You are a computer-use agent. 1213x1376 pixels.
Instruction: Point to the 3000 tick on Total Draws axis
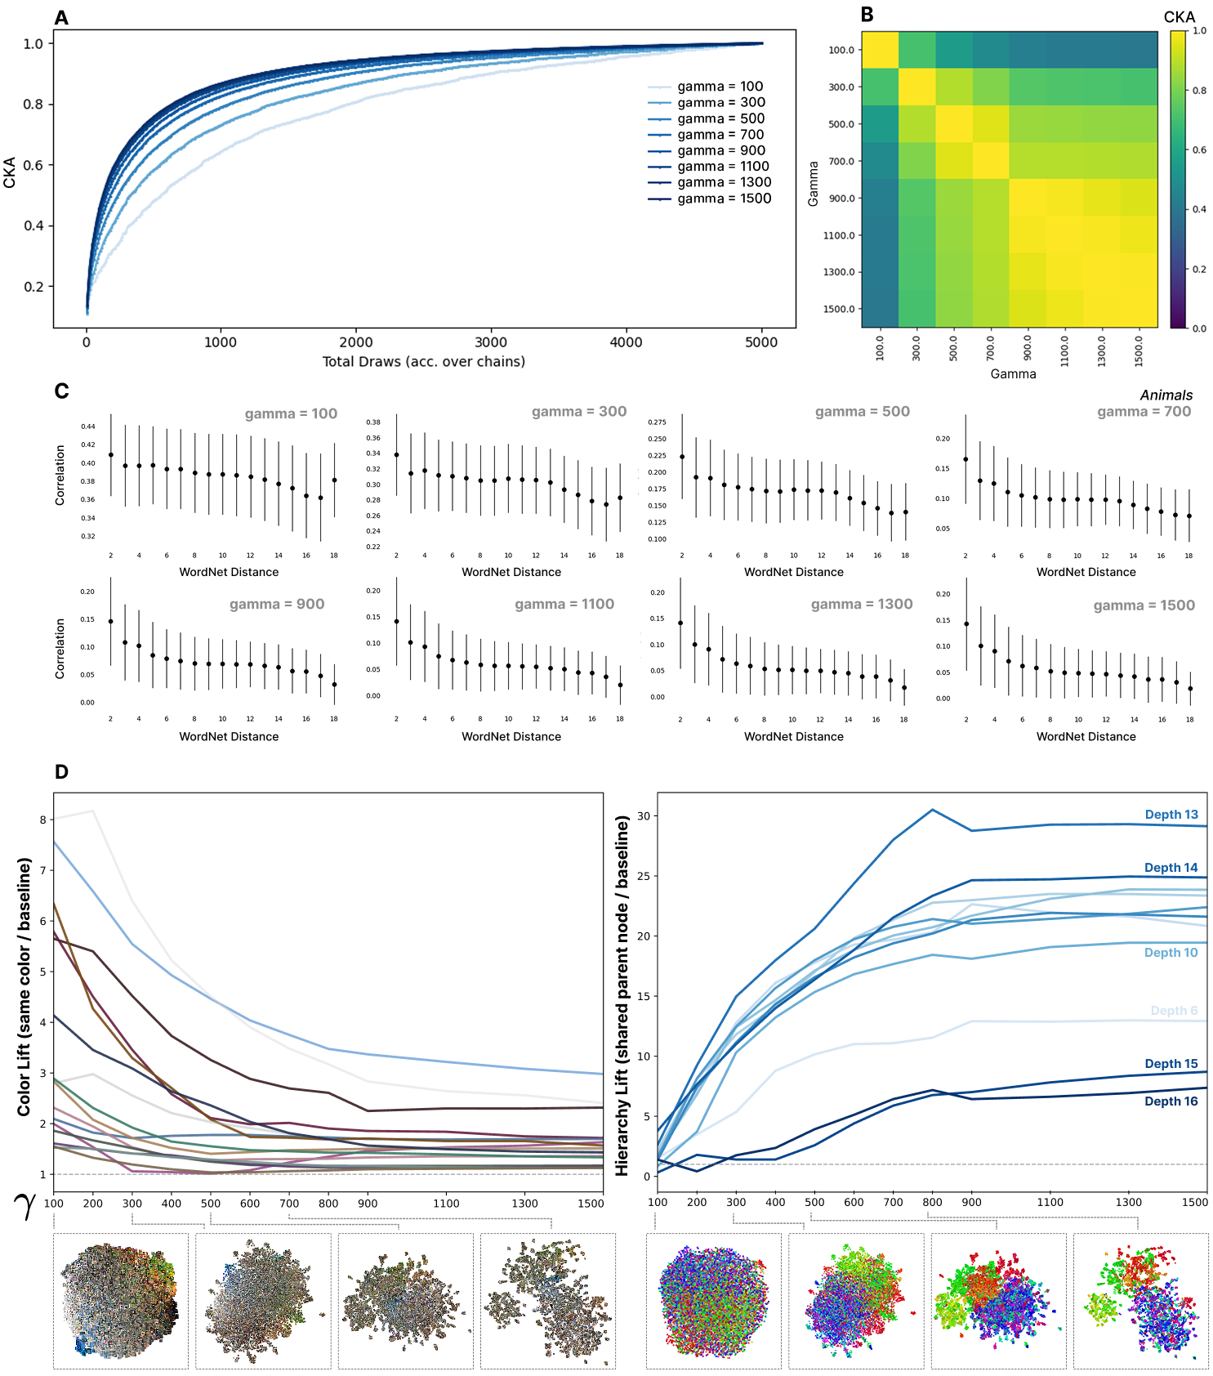click(491, 342)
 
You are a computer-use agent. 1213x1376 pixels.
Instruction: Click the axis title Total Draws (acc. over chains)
click(423, 361)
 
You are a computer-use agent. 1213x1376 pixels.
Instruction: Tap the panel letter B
click(867, 14)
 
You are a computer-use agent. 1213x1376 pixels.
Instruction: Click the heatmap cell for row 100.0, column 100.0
click(880, 50)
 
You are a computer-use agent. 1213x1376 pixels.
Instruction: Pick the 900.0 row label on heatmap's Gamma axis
click(841, 199)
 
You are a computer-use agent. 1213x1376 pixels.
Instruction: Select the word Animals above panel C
click(1166, 395)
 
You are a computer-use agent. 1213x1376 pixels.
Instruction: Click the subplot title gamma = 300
click(579, 412)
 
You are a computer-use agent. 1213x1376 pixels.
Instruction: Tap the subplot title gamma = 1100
click(564, 604)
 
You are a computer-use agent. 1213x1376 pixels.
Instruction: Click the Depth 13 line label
click(1171, 815)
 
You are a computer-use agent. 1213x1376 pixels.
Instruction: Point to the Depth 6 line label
click(1174, 1011)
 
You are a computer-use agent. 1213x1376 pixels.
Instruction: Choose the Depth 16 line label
click(1171, 1101)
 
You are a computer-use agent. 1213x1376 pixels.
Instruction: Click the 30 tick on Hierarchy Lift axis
click(644, 816)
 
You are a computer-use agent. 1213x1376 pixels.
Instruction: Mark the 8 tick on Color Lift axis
click(42, 820)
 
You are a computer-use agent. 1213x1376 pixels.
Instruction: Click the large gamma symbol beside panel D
click(26, 1206)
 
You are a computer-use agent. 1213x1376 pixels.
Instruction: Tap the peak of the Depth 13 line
click(932, 810)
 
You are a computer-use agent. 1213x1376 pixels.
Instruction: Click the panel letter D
click(61, 772)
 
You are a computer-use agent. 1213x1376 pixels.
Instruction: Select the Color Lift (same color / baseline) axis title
click(25, 986)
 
